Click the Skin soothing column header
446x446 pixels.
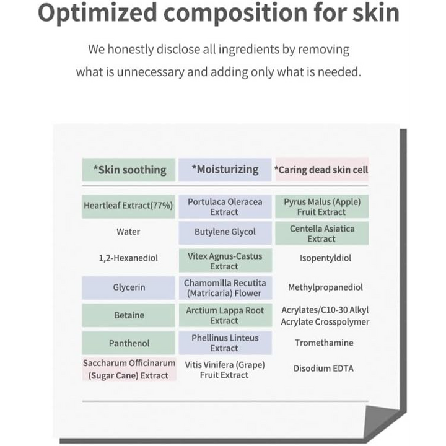click(129, 170)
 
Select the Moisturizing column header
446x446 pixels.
click(225, 170)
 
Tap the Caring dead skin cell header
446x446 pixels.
click(321, 170)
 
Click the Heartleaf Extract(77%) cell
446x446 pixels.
click(129, 206)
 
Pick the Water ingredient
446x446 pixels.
click(128, 232)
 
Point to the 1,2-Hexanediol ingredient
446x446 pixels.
click(128, 258)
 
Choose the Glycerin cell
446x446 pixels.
click(129, 287)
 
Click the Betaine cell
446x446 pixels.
click(129, 315)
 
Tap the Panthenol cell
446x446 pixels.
click(129, 343)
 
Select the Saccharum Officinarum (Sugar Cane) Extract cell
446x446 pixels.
click(129, 369)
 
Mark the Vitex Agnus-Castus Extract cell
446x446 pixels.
click(225, 261)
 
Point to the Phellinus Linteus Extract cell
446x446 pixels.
click(225, 343)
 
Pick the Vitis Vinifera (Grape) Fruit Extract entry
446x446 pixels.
click(225, 370)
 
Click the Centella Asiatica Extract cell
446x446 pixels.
click(322, 234)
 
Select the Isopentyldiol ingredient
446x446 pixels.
click(325, 258)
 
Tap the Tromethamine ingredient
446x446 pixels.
click(324, 343)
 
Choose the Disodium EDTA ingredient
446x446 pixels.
click(323, 369)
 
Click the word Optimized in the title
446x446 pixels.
click(97, 14)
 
